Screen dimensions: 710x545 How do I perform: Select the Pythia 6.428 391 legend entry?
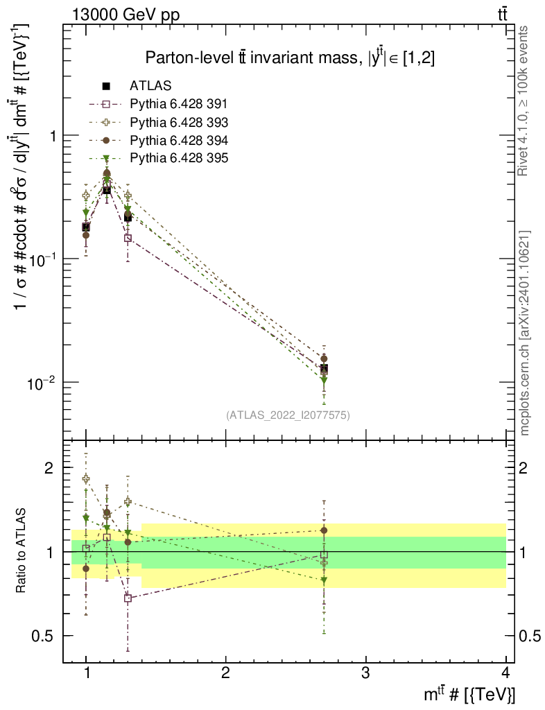(x=178, y=104)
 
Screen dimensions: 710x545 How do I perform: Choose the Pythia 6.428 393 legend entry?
(x=178, y=122)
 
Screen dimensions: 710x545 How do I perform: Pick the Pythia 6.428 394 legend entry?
(x=178, y=140)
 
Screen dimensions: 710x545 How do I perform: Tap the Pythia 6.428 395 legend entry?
(x=178, y=158)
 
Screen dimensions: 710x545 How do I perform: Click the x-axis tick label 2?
(x=226, y=672)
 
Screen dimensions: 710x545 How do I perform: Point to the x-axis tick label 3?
(x=365, y=672)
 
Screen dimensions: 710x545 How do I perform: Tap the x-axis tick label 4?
(x=505, y=672)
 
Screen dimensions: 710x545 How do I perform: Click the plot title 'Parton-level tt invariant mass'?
(x=290, y=58)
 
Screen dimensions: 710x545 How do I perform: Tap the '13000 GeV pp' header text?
(x=126, y=15)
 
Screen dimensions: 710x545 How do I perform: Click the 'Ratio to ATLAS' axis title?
(x=22, y=551)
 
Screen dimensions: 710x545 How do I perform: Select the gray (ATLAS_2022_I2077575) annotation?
(x=288, y=415)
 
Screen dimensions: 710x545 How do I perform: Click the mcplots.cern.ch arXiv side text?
(x=525, y=333)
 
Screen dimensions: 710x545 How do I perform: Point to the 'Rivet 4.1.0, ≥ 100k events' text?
(x=525, y=101)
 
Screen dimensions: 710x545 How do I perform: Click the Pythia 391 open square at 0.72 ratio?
(x=128, y=598)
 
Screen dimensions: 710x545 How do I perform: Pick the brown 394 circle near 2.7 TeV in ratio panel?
(x=324, y=530)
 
